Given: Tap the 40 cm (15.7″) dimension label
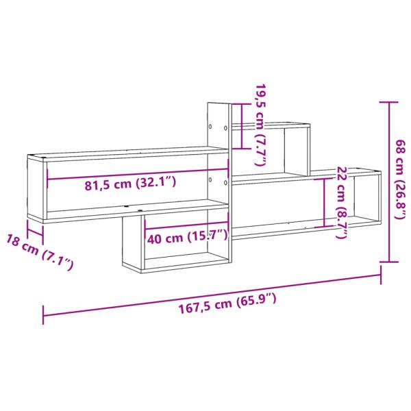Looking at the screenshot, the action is click(188, 236).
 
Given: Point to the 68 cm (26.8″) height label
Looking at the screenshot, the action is click(401, 179).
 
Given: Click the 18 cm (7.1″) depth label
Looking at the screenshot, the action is click(39, 252).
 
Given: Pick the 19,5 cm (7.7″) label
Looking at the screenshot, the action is click(260, 125).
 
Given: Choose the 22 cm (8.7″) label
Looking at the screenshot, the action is click(342, 203).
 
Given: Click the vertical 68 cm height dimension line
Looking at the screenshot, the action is click(390, 182).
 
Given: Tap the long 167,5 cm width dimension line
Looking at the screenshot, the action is click(212, 295).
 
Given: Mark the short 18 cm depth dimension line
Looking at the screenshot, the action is click(36, 232).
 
